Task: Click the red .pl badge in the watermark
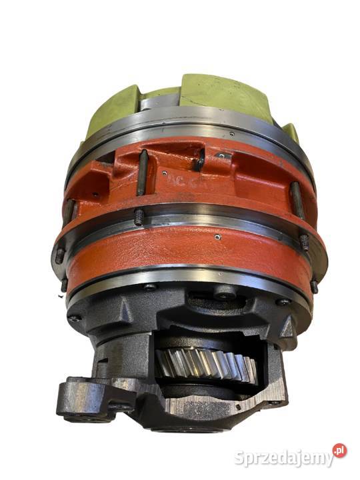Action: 339,451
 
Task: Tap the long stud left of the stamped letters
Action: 142,172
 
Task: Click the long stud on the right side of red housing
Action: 297,200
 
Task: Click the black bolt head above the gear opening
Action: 225,292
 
